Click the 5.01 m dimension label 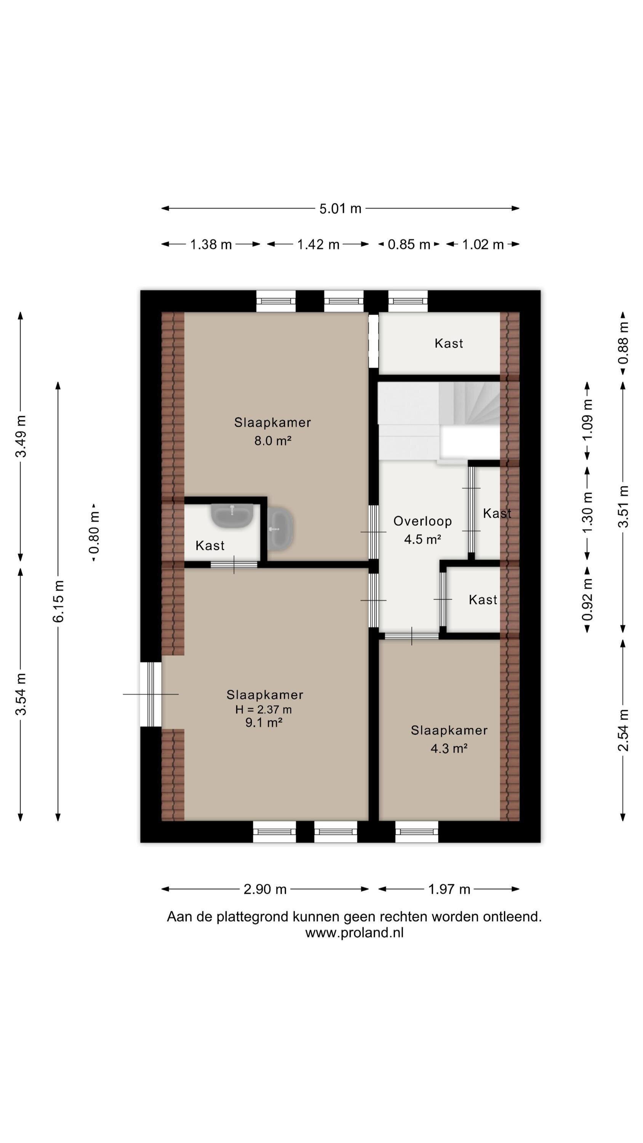(x=341, y=208)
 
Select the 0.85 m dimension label (x=409, y=245)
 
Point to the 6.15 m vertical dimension (x=59, y=601)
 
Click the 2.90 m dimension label (x=265, y=889)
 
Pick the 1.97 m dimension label (x=449, y=889)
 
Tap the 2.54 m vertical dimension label (x=624, y=730)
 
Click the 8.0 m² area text (x=272, y=440)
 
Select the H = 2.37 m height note (x=264, y=709)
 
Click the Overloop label (x=422, y=521)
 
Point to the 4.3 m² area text (x=449, y=749)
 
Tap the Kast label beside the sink (x=210, y=545)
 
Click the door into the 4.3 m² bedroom (x=411, y=636)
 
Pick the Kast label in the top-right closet (x=449, y=343)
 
